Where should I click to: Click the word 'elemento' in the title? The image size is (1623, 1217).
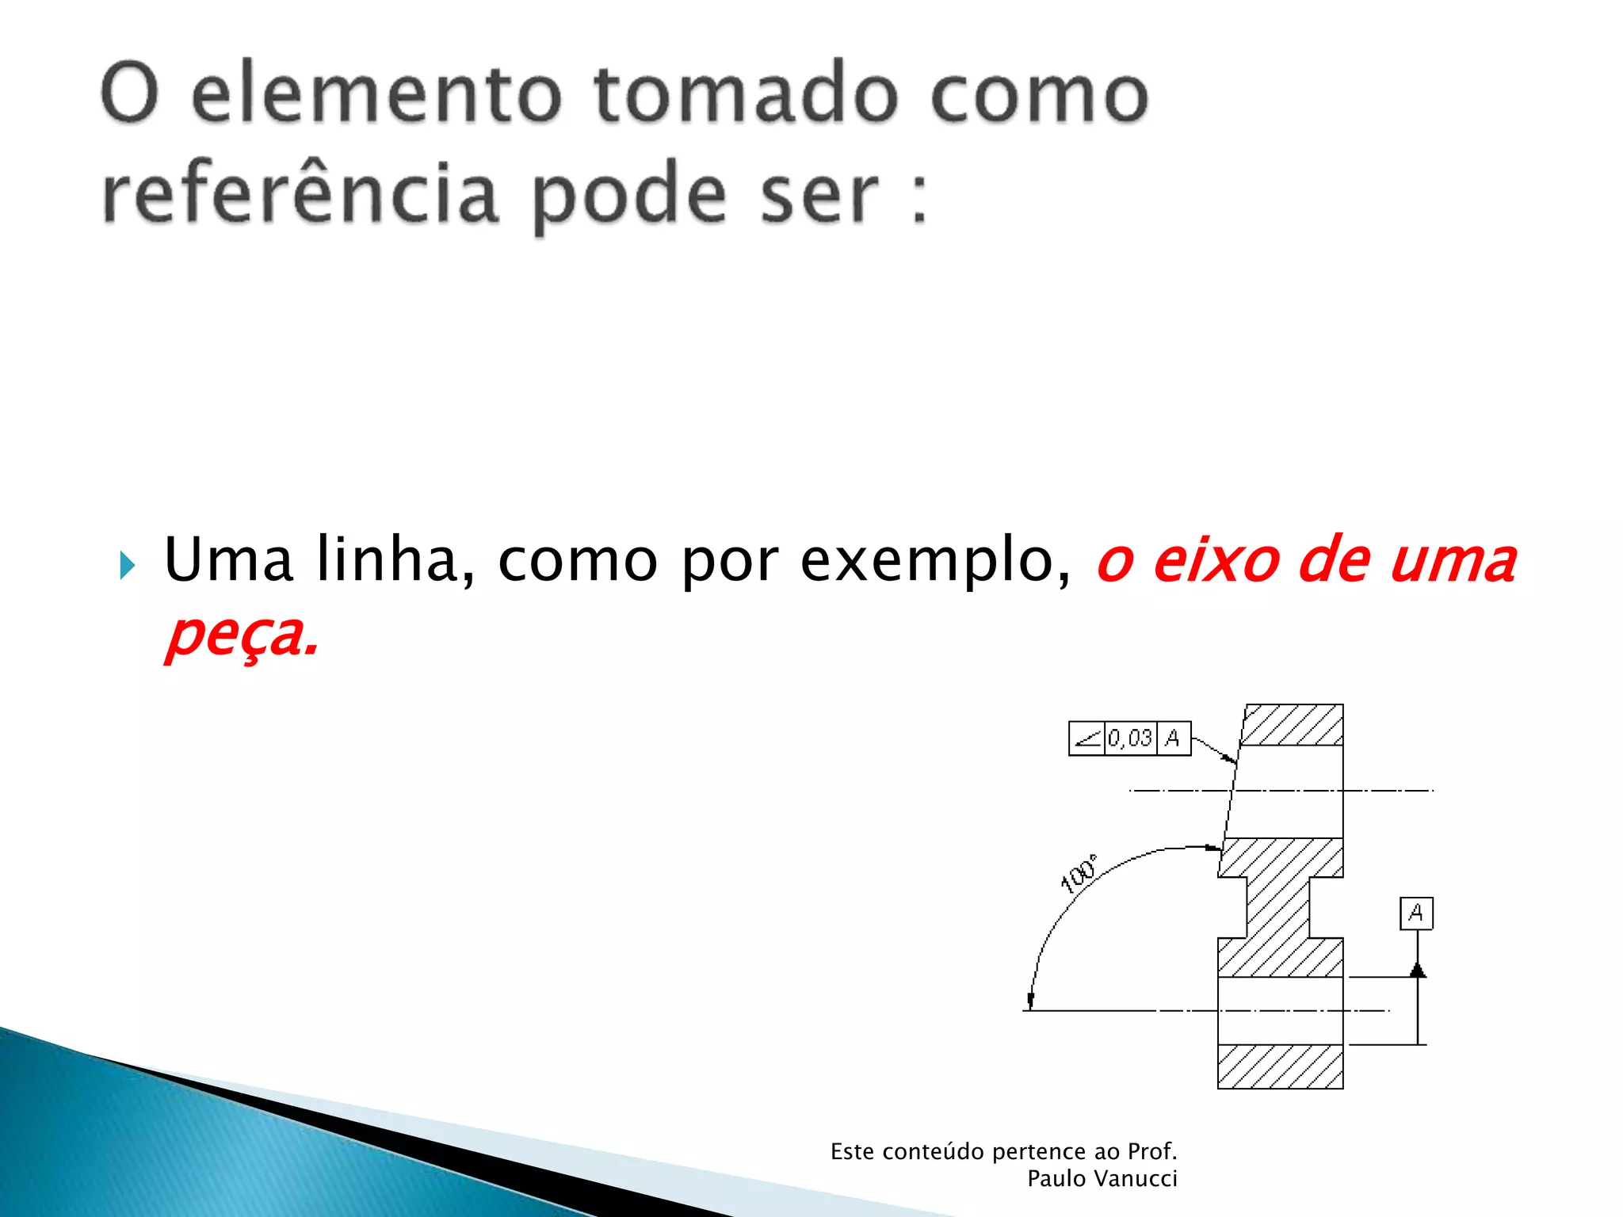coord(376,95)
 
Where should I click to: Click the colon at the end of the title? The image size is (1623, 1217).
coord(919,198)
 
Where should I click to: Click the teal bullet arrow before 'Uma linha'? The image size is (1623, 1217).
coord(127,566)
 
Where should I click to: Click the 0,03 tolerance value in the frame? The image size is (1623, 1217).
coord(1130,738)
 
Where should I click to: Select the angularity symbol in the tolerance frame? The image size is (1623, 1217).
coord(1086,738)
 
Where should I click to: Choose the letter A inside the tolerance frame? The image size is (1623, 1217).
coord(1173,738)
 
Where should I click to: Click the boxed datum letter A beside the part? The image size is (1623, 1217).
coord(1416,914)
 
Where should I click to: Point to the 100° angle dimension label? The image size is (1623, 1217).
coord(1079,875)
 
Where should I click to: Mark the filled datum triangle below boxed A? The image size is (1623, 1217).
coord(1418,970)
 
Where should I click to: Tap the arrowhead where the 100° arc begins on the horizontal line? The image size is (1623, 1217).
coord(1030,1001)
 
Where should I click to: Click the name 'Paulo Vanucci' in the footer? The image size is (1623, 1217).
coord(1102,1179)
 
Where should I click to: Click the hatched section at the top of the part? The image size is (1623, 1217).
coord(1292,724)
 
